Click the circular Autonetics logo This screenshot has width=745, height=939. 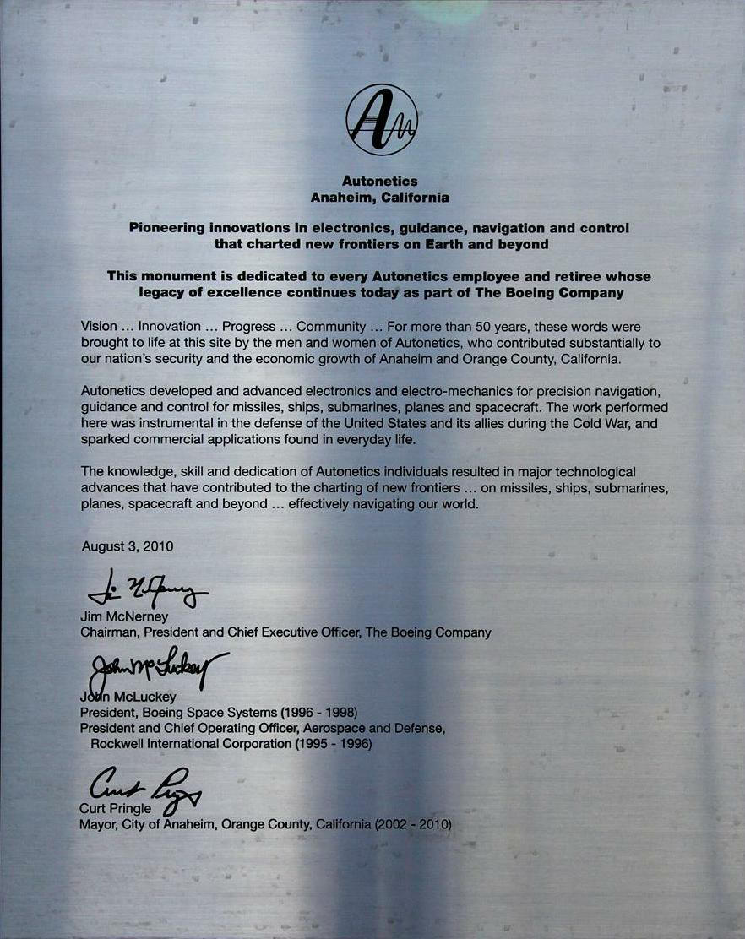click(x=382, y=120)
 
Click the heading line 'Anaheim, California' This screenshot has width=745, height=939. click(x=380, y=197)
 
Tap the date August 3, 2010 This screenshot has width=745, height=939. click(x=128, y=546)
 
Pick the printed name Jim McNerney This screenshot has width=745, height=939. click(x=124, y=616)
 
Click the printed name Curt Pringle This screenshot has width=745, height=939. click(x=117, y=809)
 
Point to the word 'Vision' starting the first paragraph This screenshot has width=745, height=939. click(x=99, y=327)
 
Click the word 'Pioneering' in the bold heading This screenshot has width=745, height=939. click(x=168, y=228)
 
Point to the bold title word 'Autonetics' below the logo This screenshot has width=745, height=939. click(x=380, y=181)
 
